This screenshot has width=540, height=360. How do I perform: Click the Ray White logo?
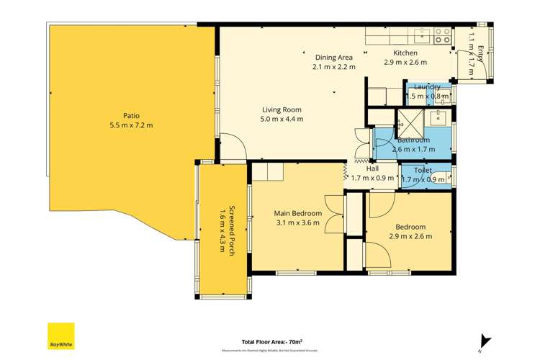(61, 335)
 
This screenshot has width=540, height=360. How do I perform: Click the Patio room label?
(130, 115)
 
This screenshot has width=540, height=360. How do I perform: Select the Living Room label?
(282, 110)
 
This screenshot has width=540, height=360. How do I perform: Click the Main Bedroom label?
(297, 213)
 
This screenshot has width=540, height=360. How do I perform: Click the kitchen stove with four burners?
(443, 36)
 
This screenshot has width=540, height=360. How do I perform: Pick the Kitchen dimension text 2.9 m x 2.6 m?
(405, 63)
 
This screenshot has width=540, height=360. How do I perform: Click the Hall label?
(372, 168)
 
